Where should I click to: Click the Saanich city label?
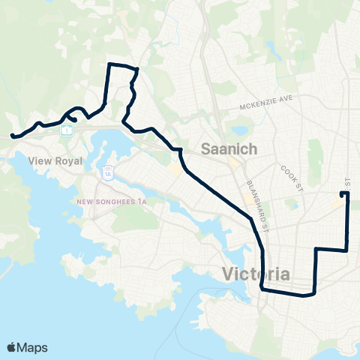coord(229,149)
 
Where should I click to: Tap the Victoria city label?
coord(256,274)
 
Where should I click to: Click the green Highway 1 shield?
coord(67,130)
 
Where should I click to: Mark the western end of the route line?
coord(12,136)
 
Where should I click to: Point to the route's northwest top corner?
coord(111,65)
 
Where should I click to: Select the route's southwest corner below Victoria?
coord(262,288)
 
